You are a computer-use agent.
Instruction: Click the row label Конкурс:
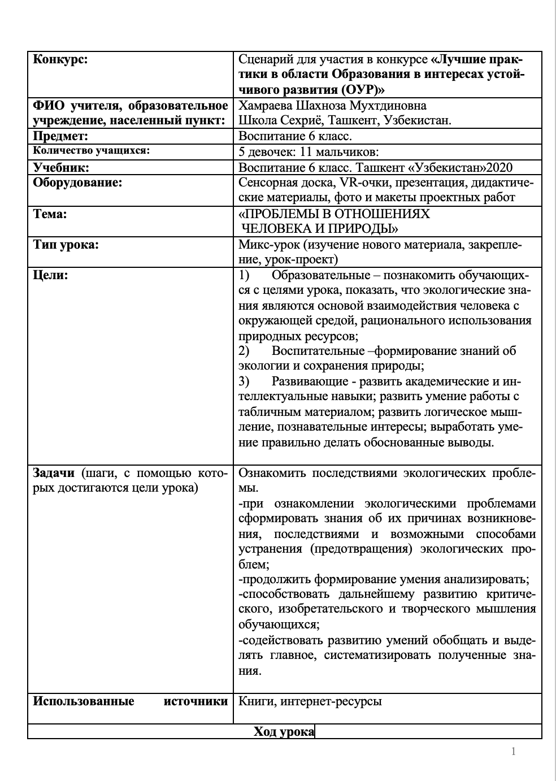[60, 59]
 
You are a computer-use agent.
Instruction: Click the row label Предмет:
[61, 136]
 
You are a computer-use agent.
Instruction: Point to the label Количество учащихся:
[91, 150]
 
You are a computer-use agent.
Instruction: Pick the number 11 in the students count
[306, 151]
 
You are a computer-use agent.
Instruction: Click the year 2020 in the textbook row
[499, 167]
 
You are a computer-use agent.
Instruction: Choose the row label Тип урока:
[66, 244]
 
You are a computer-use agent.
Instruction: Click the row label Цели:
[50, 275]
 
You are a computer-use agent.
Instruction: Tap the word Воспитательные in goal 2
[318, 351]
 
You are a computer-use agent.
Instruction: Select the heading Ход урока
[284, 732]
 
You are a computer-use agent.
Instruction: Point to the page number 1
[513, 751]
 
